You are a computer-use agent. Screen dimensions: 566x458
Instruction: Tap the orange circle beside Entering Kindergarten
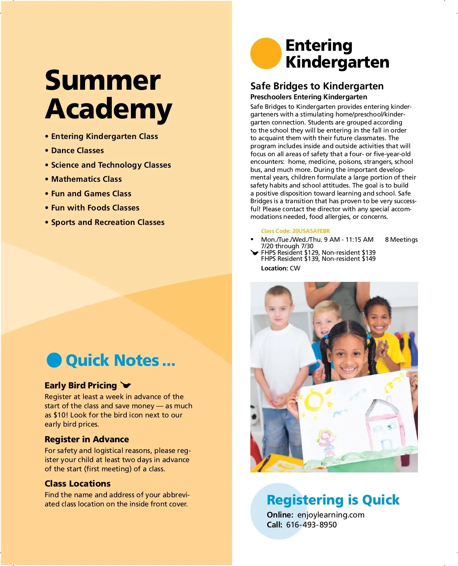(266, 53)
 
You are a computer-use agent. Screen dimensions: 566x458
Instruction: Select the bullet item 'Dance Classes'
(77, 150)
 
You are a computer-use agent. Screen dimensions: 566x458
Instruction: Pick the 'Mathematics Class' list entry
(86, 179)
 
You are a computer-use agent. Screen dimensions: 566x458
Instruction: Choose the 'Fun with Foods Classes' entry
(95, 208)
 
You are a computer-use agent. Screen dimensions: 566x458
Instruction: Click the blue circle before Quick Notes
(54, 360)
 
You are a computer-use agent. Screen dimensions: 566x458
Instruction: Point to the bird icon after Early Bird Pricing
(126, 385)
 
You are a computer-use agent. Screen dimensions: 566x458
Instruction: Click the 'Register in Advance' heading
(87, 439)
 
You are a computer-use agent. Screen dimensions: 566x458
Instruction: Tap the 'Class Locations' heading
(77, 484)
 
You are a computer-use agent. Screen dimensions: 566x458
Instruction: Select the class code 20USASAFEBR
(295, 231)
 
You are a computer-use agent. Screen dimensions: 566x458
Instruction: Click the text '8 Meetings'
(401, 239)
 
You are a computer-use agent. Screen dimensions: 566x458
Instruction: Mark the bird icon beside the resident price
(255, 252)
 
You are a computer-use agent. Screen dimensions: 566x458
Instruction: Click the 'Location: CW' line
(281, 268)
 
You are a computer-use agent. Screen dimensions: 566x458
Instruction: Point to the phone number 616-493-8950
(311, 525)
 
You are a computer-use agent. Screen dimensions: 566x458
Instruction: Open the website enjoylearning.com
(331, 515)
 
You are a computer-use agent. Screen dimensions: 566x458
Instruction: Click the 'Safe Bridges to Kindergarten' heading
(317, 86)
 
